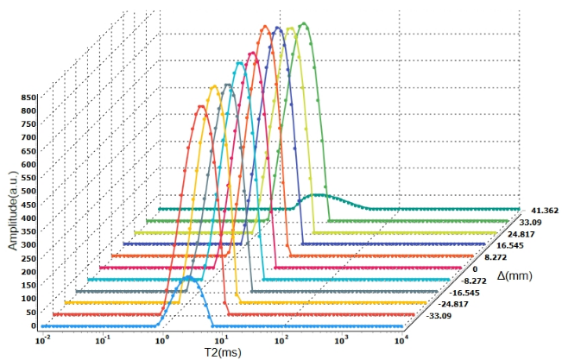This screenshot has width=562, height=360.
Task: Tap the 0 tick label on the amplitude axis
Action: [32, 326]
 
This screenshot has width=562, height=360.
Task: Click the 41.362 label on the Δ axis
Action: [541, 211]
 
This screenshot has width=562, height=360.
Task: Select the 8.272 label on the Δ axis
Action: [498, 256]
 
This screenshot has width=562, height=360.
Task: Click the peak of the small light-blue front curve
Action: [190, 278]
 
